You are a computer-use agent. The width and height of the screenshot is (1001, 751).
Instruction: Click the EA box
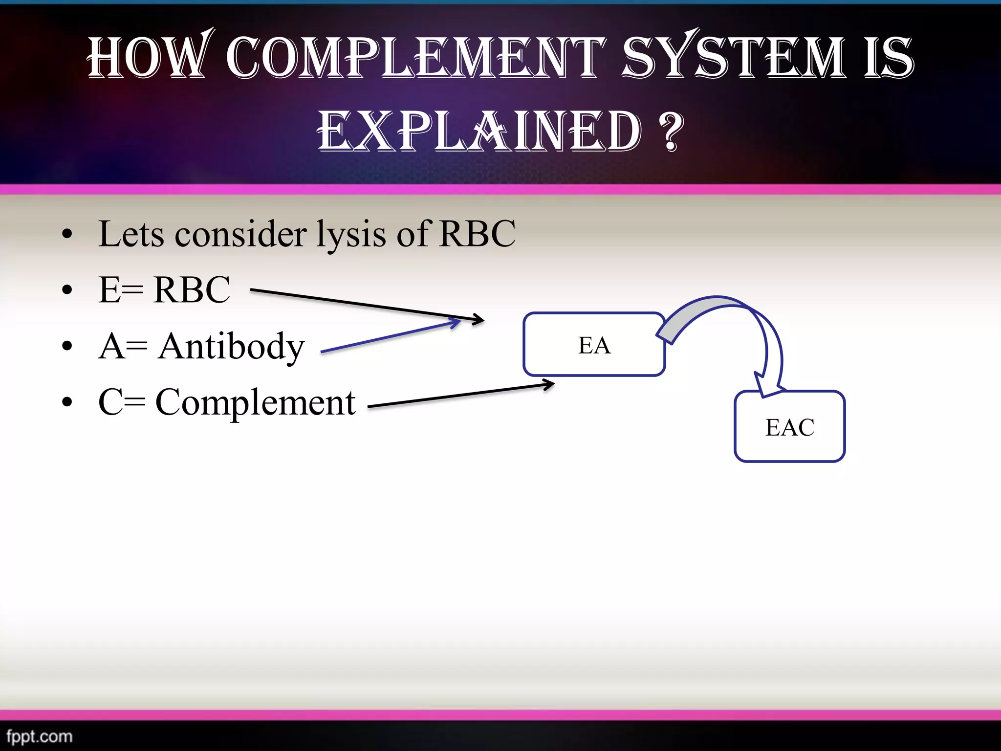[x=594, y=344]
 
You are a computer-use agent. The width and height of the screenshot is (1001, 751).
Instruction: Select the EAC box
[x=789, y=426]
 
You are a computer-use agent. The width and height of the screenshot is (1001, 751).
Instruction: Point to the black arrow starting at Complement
[x=459, y=396]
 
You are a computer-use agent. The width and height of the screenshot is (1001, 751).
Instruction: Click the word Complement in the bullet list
[x=255, y=403]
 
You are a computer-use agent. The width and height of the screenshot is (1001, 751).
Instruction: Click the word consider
[x=240, y=234]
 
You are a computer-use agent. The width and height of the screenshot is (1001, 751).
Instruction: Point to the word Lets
[x=131, y=234]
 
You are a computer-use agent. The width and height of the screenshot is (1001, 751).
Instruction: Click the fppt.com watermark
[x=39, y=736]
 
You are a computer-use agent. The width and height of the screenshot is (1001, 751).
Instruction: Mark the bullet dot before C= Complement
[x=67, y=402]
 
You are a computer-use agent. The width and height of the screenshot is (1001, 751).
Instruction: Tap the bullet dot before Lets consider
[x=67, y=234]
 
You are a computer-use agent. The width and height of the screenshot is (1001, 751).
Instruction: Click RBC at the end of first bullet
[x=477, y=234]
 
